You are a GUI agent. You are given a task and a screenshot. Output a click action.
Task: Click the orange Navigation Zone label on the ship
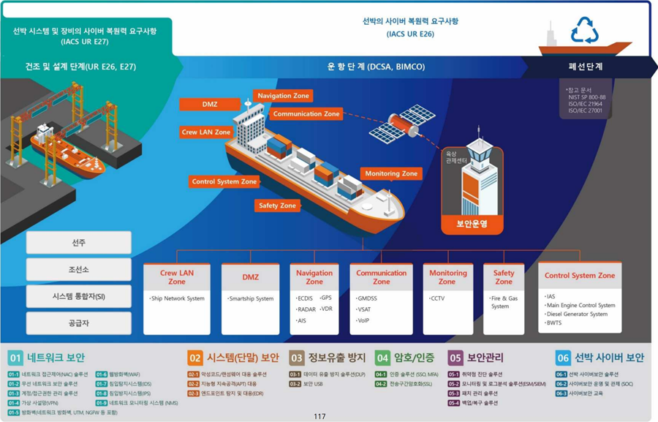point(283,96)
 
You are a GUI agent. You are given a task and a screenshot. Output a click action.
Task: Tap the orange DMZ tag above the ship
point(210,105)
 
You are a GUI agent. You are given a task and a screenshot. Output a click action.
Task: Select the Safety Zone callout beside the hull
point(278,206)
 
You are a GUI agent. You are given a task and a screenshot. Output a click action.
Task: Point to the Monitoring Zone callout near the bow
point(391,174)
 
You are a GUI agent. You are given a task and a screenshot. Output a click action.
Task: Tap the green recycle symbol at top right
point(585,31)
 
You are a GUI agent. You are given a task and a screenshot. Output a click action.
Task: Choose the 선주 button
point(78,243)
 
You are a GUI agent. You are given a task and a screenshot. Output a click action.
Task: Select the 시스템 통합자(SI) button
point(78,296)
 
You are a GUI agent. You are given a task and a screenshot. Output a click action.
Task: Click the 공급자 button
point(78,323)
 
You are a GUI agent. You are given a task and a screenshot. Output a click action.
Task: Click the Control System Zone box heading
point(580,276)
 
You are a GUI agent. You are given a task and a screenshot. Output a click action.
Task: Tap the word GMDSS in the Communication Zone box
point(368,298)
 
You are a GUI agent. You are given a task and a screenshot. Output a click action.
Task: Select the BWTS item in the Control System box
point(555,323)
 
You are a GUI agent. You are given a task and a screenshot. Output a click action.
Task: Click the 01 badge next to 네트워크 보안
point(16,358)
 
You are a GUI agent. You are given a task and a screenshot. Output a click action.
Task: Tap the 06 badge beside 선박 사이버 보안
point(563,358)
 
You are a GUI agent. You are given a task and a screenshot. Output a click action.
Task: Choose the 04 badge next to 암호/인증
point(382,358)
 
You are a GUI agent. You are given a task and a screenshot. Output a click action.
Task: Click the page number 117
point(319,417)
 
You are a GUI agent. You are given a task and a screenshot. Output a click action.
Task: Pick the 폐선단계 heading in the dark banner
point(585,67)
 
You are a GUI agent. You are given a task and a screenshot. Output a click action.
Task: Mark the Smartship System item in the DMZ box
point(251,298)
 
